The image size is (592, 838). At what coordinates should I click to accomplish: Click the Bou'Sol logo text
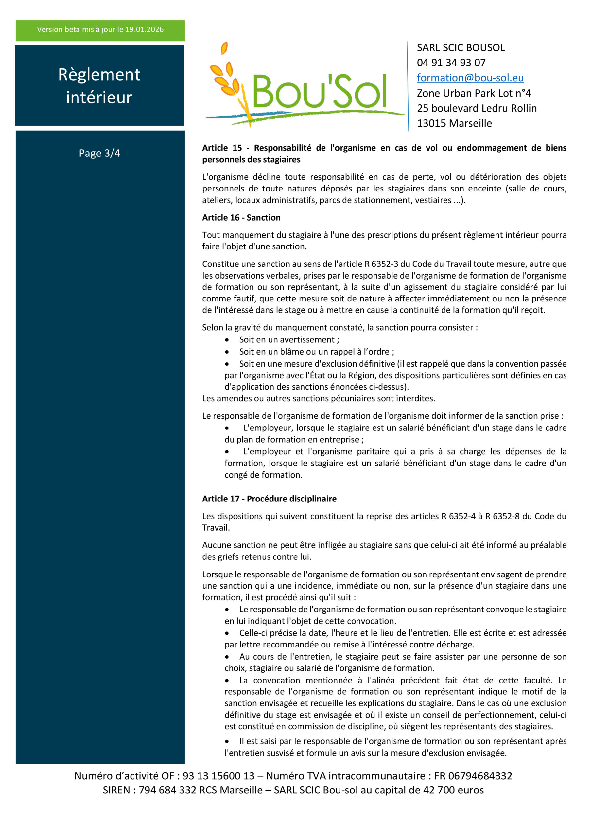tap(319, 91)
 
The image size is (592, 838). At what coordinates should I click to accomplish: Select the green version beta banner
tap(100, 30)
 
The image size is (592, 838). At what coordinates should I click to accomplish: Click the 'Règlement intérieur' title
tap(99, 86)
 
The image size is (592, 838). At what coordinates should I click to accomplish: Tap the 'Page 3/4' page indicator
tap(99, 153)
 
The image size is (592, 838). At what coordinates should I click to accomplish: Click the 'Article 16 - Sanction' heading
tap(241, 218)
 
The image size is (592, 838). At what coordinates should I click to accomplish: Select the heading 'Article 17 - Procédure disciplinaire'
tap(269, 499)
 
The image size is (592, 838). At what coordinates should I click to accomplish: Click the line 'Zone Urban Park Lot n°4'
tap(474, 93)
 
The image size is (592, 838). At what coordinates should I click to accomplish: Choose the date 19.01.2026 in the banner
tap(144, 29)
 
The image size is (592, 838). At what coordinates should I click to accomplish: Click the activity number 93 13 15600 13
tap(218, 775)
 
